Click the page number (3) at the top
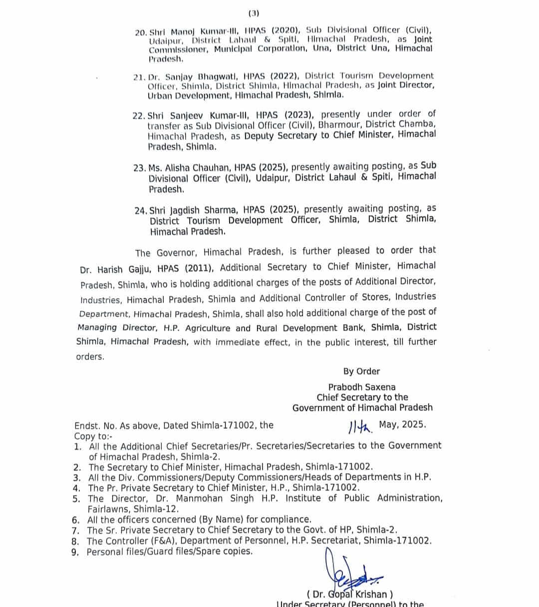click(254, 13)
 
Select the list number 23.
click(139, 168)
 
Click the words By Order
click(361, 372)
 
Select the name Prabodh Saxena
click(362, 387)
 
